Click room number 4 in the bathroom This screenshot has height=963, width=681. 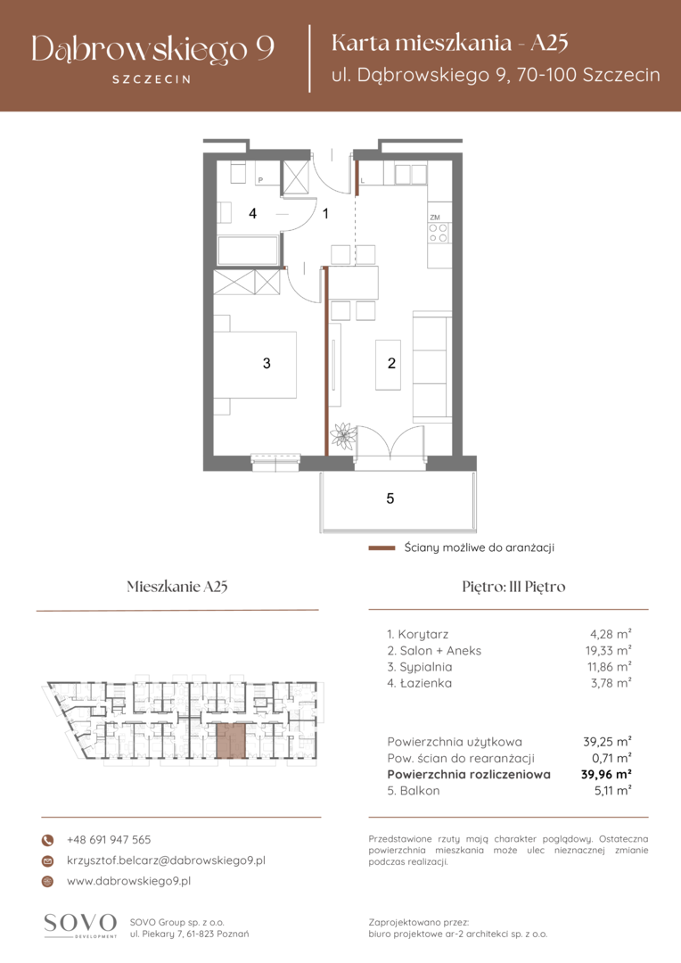252,214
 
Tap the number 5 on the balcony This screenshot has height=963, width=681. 390,498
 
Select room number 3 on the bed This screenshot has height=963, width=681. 267,364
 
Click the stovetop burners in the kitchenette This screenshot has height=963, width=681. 439,233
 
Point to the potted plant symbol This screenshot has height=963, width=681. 343,435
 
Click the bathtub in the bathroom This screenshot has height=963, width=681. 248,251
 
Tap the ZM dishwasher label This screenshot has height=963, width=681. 435,218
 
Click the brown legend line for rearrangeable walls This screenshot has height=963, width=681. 382,547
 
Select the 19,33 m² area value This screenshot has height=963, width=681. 608,650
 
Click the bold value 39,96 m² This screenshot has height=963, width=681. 606,775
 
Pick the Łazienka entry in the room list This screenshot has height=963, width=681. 420,683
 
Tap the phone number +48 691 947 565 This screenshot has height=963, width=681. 109,840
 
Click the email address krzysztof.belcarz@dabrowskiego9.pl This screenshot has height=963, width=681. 166,860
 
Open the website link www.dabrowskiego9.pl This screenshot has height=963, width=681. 128,881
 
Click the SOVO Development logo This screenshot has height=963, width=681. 80,926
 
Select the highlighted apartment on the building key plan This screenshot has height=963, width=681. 232,741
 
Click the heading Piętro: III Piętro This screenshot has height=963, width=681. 513,587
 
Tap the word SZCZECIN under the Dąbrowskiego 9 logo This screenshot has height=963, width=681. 152,79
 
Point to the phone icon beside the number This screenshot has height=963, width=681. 47,840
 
